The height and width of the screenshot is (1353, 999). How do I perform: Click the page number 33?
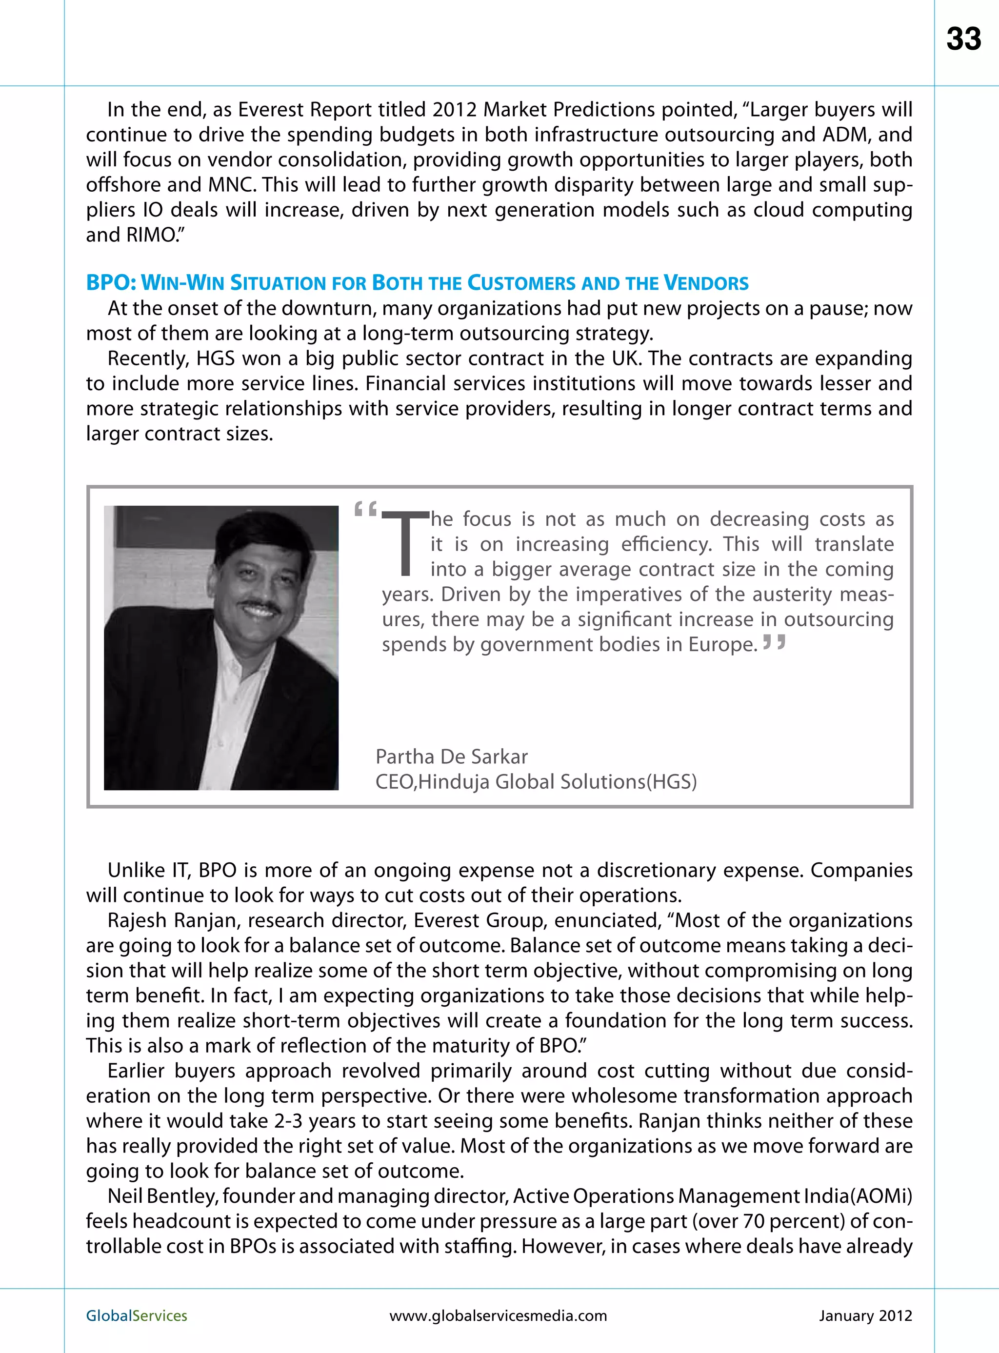963,40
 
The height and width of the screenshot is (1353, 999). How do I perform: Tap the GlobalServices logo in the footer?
137,1315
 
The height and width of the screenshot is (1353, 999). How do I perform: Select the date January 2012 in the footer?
865,1315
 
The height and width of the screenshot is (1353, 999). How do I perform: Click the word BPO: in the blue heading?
111,283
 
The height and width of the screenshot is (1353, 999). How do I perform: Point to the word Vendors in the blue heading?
706,283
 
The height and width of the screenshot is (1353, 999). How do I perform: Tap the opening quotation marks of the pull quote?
365,509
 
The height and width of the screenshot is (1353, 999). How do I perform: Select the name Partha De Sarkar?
451,756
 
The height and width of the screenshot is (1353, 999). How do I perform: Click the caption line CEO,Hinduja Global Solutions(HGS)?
536,782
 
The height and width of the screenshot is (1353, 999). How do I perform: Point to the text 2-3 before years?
288,1121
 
